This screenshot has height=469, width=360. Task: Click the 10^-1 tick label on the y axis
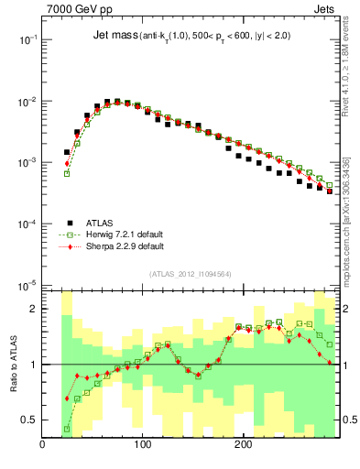pyautogui.click(x=26, y=40)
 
